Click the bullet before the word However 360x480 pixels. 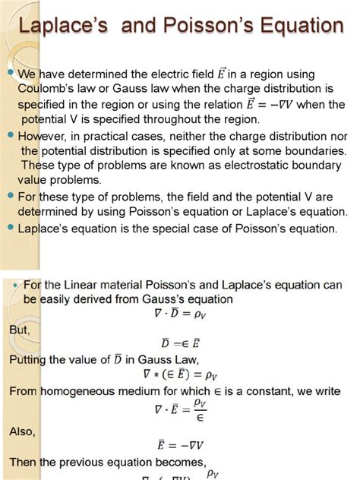coord(11,134)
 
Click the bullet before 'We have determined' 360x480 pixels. coord(11,74)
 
